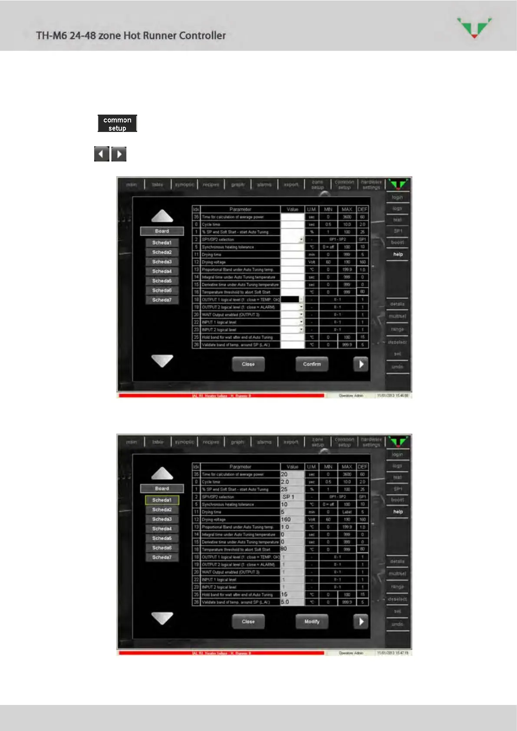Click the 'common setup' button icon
[117, 124]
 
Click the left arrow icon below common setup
[102, 154]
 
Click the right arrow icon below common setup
[119, 154]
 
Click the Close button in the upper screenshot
[248, 364]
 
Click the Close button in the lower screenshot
[248, 622]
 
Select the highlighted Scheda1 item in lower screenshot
[162, 500]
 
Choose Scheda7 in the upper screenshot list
[162, 300]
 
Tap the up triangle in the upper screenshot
[162, 216]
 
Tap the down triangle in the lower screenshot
[162, 618]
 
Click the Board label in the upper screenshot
[162, 231]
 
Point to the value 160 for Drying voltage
[286, 520]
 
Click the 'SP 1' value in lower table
[288, 497]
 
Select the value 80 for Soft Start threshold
[284, 549]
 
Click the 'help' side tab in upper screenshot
[398, 254]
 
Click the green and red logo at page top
[474, 27]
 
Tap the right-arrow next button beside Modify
[361, 622]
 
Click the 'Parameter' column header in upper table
[240, 209]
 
